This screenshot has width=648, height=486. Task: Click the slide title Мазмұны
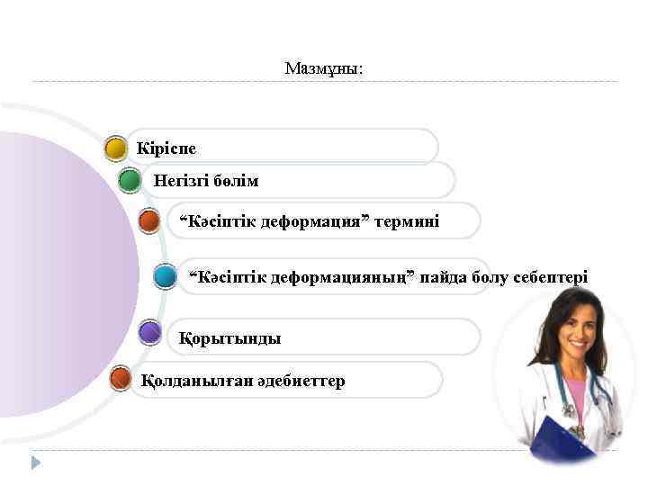click(x=323, y=68)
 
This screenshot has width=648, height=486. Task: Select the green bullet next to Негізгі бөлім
click(x=130, y=181)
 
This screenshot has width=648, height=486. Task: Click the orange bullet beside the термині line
click(x=150, y=220)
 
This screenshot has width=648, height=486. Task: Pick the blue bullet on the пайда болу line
click(x=165, y=276)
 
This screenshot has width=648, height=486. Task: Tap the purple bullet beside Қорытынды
click(x=150, y=334)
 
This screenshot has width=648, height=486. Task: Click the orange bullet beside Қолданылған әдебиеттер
click(x=120, y=380)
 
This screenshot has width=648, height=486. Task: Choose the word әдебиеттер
click(x=301, y=382)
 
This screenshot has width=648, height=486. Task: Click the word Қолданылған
click(x=185, y=382)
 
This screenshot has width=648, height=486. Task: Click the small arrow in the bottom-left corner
click(x=36, y=463)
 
